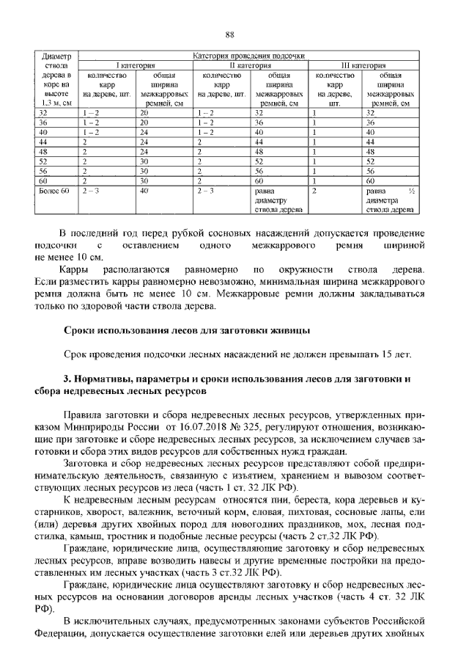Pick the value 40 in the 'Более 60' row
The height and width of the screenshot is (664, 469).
pos(144,190)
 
